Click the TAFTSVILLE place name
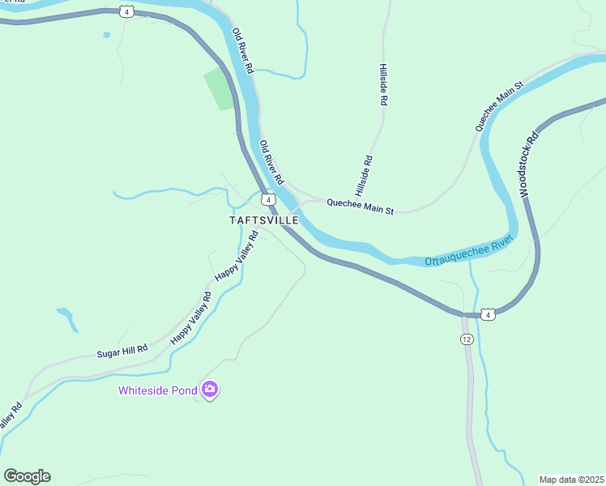(x=264, y=220)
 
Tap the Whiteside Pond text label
(x=158, y=390)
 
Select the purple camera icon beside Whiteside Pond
(x=211, y=390)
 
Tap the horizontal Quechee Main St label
(x=360, y=207)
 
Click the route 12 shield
(x=466, y=339)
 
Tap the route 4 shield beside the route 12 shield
(x=486, y=313)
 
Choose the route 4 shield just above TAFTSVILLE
(x=267, y=199)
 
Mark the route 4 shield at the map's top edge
(x=126, y=11)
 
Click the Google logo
(x=27, y=476)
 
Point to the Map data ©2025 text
(x=571, y=479)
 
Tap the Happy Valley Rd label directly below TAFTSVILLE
(x=236, y=256)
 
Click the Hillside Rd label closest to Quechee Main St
(x=362, y=177)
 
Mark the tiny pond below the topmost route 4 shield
(x=106, y=35)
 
